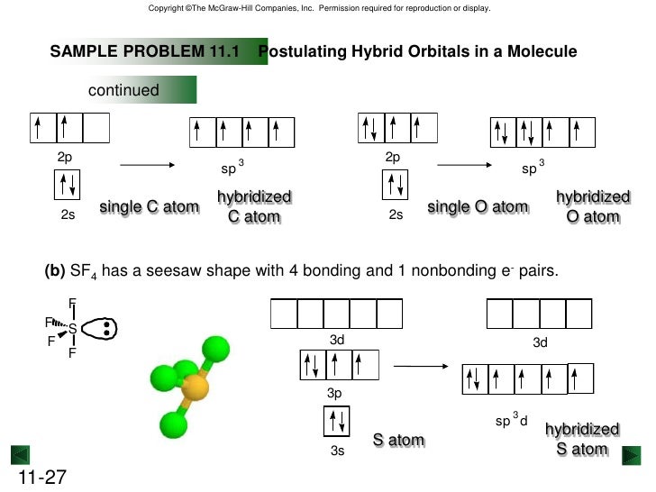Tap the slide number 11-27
pos(40,477)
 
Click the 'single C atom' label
pos(149,207)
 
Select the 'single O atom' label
pos(478,207)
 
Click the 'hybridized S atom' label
pos(582,440)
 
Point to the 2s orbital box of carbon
pos(68,187)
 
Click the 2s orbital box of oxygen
pos(396,187)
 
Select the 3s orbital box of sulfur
pos(337,421)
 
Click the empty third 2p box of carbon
pos(96,129)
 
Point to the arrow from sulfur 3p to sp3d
pos(422,367)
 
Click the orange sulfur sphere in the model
pos(195,389)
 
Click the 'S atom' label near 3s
pos(398,441)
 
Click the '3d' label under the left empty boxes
pos(337,340)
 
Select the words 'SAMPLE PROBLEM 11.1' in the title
pos(143,52)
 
